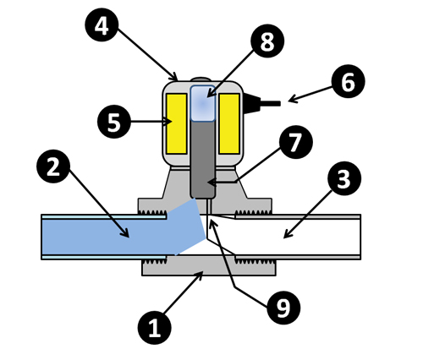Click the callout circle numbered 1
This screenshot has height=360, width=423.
pyautogui.click(x=155, y=328)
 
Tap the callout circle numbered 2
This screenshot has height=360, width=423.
pyautogui.click(x=53, y=166)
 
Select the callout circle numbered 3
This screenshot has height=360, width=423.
pyautogui.click(x=344, y=178)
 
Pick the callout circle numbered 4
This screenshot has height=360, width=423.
pyautogui.click(x=102, y=25)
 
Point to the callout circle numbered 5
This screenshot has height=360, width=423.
pyautogui.click(x=114, y=122)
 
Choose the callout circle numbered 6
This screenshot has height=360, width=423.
pyautogui.click(x=349, y=81)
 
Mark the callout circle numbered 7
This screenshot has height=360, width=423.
pyautogui.click(x=296, y=142)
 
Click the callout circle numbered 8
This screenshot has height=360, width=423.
pyautogui.click(x=267, y=41)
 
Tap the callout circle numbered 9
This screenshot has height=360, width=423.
pyautogui.click(x=283, y=308)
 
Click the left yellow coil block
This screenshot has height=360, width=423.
pyautogui.click(x=177, y=123)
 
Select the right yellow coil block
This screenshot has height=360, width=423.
pyautogui.click(x=229, y=123)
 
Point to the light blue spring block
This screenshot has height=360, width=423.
pyautogui.click(x=203, y=103)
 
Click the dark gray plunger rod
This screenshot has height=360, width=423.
pyautogui.click(x=203, y=160)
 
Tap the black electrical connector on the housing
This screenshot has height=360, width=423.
pyautogui.click(x=261, y=103)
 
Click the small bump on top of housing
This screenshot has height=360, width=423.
pyautogui.click(x=202, y=79)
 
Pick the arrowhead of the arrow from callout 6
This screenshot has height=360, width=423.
pyautogui.click(x=293, y=99)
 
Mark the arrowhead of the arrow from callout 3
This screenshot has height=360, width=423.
pyautogui.click(x=288, y=234)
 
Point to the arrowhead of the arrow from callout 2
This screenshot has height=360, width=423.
pyautogui.click(x=125, y=232)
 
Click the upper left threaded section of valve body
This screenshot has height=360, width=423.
pyautogui.click(x=153, y=212)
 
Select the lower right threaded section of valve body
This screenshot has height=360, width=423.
pyautogui.click(x=255, y=262)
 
